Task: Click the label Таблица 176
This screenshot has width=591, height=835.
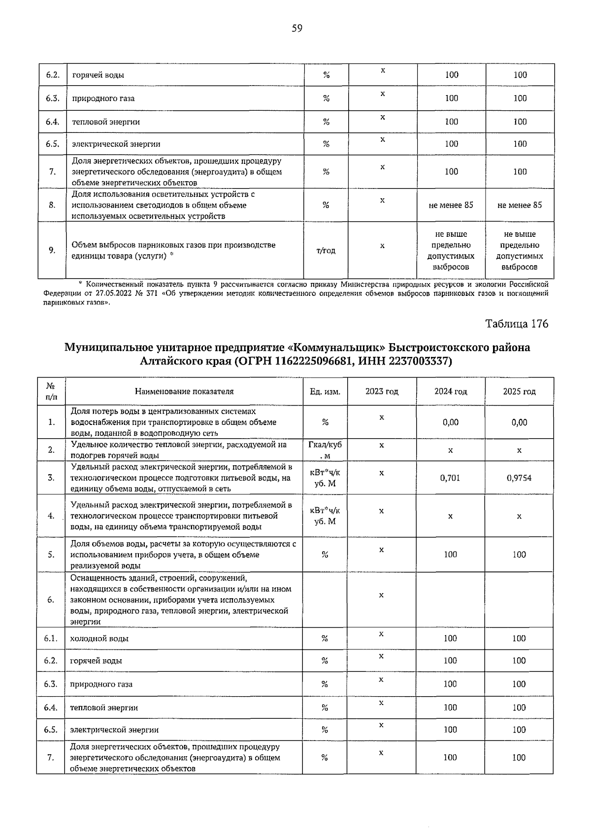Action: (x=516, y=323)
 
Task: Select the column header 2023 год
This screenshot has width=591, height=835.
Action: (x=382, y=392)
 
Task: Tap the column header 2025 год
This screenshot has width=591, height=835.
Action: (x=519, y=392)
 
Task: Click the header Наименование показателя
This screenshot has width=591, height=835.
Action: (x=184, y=392)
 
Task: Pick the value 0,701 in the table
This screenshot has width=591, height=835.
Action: (x=450, y=478)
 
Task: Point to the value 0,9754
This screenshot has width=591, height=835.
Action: (x=519, y=478)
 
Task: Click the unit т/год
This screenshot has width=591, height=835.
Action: (x=326, y=251)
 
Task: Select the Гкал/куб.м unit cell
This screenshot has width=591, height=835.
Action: (x=325, y=450)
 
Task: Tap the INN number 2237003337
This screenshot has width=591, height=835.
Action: (x=419, y=361)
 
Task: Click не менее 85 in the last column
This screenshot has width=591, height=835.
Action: (x=520, y=205)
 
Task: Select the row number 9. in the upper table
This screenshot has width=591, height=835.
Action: (x=52, y=251)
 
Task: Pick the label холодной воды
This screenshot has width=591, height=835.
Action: (x=100, y=639)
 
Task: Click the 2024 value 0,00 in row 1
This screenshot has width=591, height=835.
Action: (x=450, y=422)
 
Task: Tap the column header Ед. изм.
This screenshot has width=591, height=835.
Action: (x=325, y=392)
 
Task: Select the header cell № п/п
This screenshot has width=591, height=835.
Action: (x=51, y=392)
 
